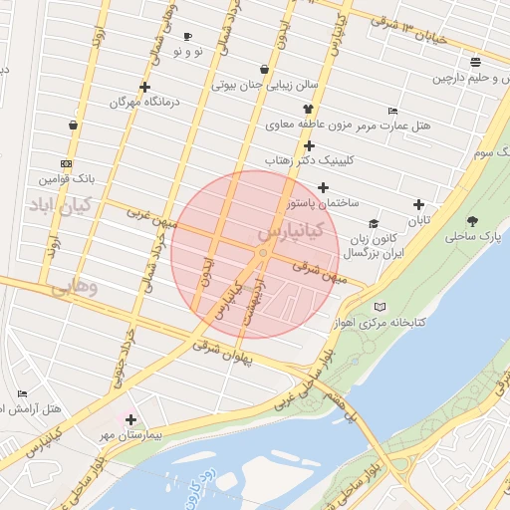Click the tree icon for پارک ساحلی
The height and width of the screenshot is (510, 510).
click(x=471, y=221)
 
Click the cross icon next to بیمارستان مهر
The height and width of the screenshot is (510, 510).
click(x=130, y=419)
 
